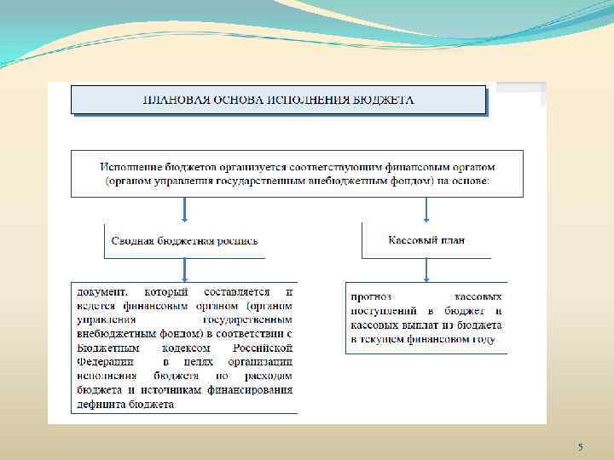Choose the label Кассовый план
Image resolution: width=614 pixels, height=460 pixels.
426,240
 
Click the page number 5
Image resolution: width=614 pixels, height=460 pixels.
581,447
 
